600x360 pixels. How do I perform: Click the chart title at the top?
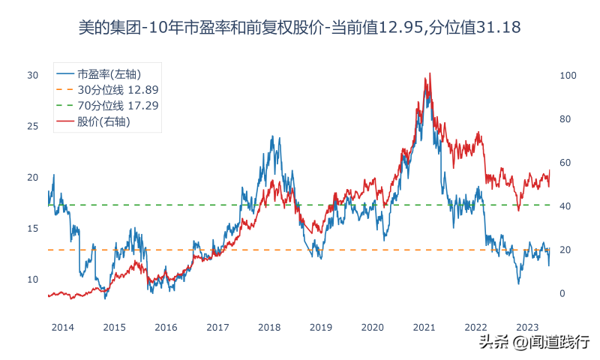(x=300, y=28)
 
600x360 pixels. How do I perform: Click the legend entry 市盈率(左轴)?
(x=109, y=73)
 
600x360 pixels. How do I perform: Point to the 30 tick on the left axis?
(x=32, y=76)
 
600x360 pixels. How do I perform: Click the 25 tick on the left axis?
(x=32, y=127)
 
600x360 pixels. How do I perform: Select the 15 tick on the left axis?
(x=32, y=229)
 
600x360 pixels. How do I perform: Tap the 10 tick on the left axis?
(x=32, y=280)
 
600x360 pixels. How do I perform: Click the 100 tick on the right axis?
(x=567, y=76)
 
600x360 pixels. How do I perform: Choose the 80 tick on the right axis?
(x=565, y=119)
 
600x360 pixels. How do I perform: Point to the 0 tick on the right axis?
(x=562, y=293)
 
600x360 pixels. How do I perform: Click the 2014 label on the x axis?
(x=62, y=327)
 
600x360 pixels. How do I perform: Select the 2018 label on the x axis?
(x=268, y=327)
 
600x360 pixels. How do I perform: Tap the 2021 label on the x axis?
(x=424, y=327)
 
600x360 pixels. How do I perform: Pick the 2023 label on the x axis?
(x=528, y=327)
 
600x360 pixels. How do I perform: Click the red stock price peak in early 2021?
(x=429, y=73)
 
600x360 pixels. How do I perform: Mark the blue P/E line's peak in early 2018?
(x=272, y=136)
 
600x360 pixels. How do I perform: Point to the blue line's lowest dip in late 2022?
(x=517, y=283)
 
